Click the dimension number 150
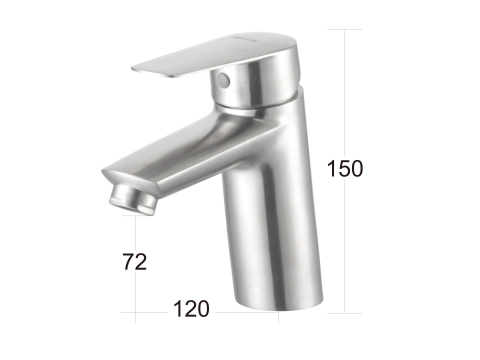(x=345, y=168)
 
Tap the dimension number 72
(x=135, y=262)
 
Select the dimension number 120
(x=191, y=309)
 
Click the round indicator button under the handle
(x=223, y=80)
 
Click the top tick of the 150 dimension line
(x=345, y=29)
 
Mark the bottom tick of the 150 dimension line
(x=345, y=313)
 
